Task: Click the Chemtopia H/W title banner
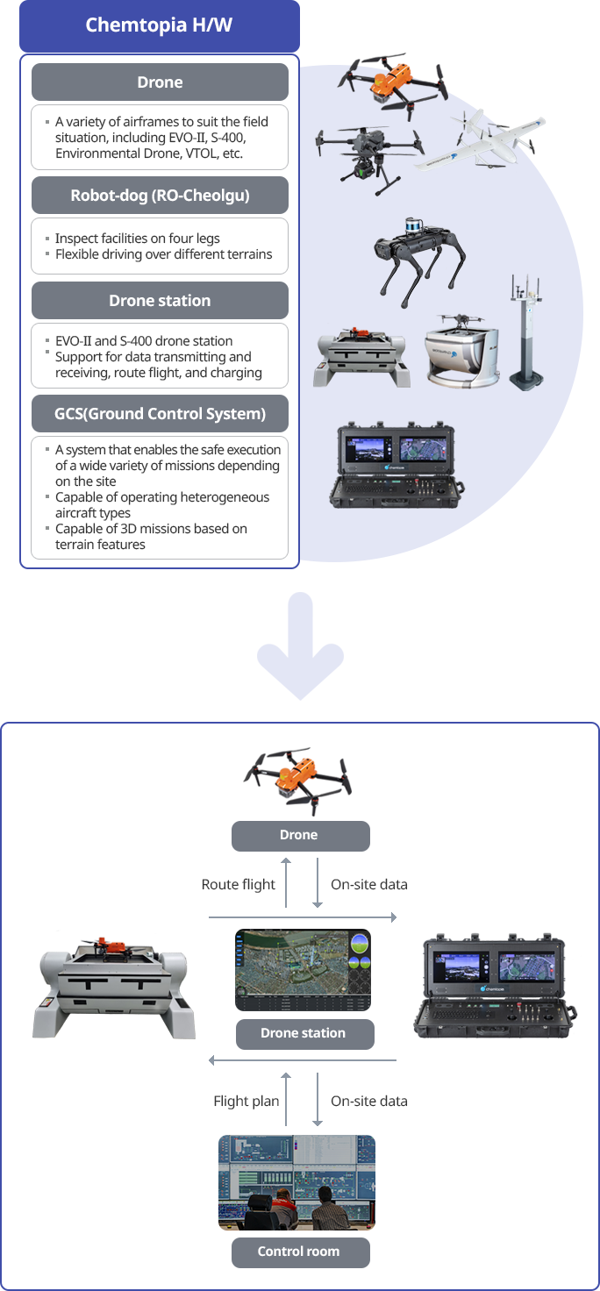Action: click(x=159, y=25)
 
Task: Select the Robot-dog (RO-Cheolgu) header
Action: click(x=160, y=195)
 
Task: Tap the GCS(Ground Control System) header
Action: click(x=160, y=413)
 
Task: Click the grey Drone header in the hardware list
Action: click(x=160, y=82)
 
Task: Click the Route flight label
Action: click(x=239, y=884)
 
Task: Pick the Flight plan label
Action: click(x=246, y=1101)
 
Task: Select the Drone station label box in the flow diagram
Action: click(x=304, y=1033)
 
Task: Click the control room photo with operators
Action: click(x=296, y=1182)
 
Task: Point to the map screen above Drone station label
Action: click(x=303, y=970)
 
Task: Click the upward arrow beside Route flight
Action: click(x=286, y=883)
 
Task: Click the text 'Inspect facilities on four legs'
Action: click(x=137, y=239)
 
